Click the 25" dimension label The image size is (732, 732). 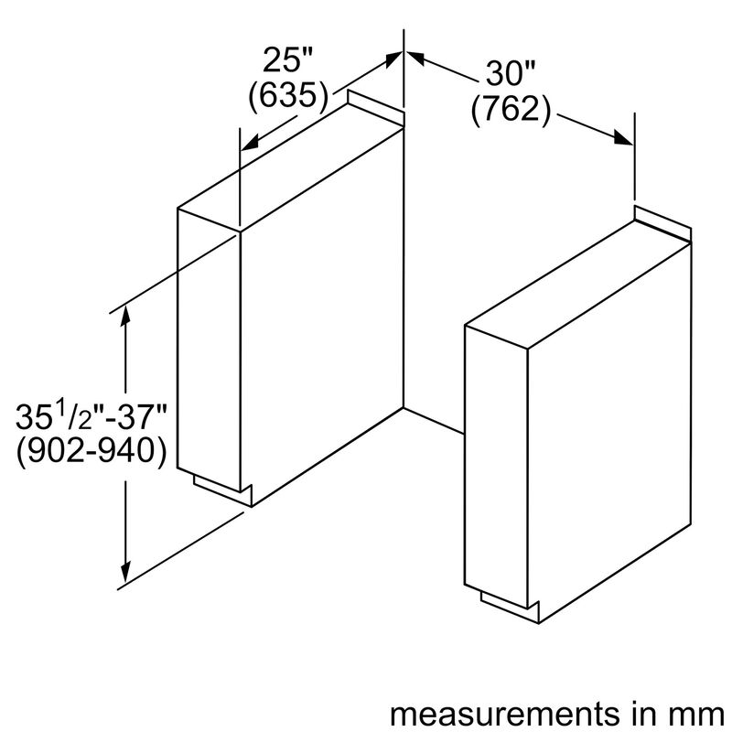[x=287, y=60]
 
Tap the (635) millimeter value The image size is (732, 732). [x=288, y=97]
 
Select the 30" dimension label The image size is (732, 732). [x=511, y=73]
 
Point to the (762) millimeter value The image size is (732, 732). [x=511, y=110]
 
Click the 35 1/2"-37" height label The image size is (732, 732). [x=91, y=416]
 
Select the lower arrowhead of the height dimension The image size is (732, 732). [x=125, y=573]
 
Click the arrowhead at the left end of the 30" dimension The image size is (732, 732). [x=414, y=57]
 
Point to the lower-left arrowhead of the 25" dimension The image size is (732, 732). [x=250, y=143]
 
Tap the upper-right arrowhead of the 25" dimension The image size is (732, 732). [x=393, y=59]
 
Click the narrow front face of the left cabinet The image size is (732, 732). [x=209, y=350]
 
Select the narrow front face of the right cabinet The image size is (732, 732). [x=496, y=467]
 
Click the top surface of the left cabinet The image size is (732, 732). [x=290, y=167]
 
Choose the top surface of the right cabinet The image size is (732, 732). [x=578, y=285]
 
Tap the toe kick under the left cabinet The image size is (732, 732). [x=222, y=490]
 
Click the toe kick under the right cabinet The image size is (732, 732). [x=510, y=608]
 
